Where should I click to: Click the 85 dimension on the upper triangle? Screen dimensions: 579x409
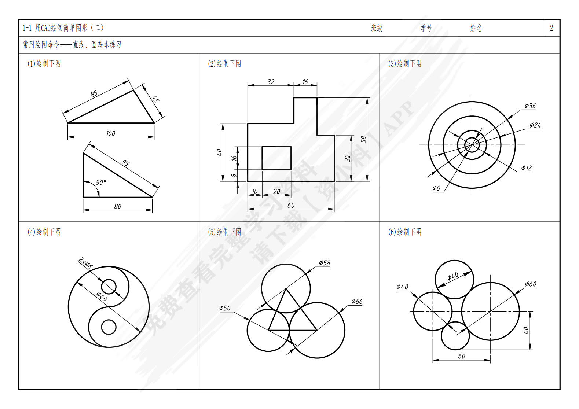[94, 93]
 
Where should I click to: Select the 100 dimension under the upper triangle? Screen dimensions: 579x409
[111, 133]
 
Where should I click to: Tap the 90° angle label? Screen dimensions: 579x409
[101, 183]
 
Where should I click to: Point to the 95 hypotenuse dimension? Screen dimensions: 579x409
[125, 162]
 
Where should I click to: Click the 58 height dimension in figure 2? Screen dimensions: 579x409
[363, 139]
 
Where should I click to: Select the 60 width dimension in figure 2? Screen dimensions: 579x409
[291, 205]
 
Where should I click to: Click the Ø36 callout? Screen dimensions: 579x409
[530, 106]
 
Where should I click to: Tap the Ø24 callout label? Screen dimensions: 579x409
[535, 125]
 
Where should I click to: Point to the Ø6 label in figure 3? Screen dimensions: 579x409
[436, 188]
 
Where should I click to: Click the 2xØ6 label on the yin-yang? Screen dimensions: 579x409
[85, 263]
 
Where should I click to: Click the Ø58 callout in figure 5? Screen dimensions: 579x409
[325, 263]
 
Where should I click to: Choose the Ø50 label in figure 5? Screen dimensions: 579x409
[225, 308]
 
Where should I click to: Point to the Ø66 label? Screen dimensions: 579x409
[357, 301]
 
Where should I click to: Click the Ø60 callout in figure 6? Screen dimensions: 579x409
[530, 284]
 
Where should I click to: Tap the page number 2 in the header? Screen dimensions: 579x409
[551, 27]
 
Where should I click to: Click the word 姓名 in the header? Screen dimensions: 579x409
[476, 28]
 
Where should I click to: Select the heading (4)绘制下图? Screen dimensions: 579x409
[44, 232]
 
